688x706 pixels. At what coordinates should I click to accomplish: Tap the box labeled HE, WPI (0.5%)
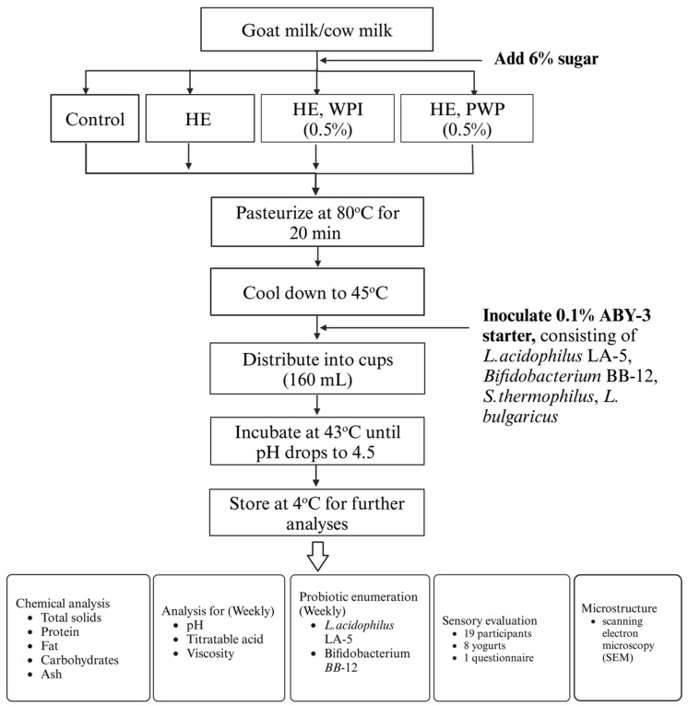pyautogui.click(x=316, y=118)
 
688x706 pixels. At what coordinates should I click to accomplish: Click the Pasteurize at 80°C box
pyautogui.click(x=316, y=220)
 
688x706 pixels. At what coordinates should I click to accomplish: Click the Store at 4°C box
pyautogui.click(x=316, y=511)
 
